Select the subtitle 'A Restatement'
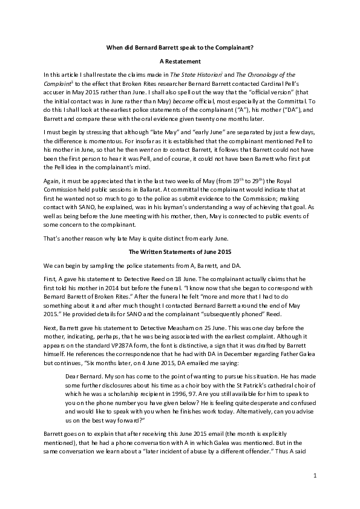pos(179,61)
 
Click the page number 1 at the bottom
pos(315,476)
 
